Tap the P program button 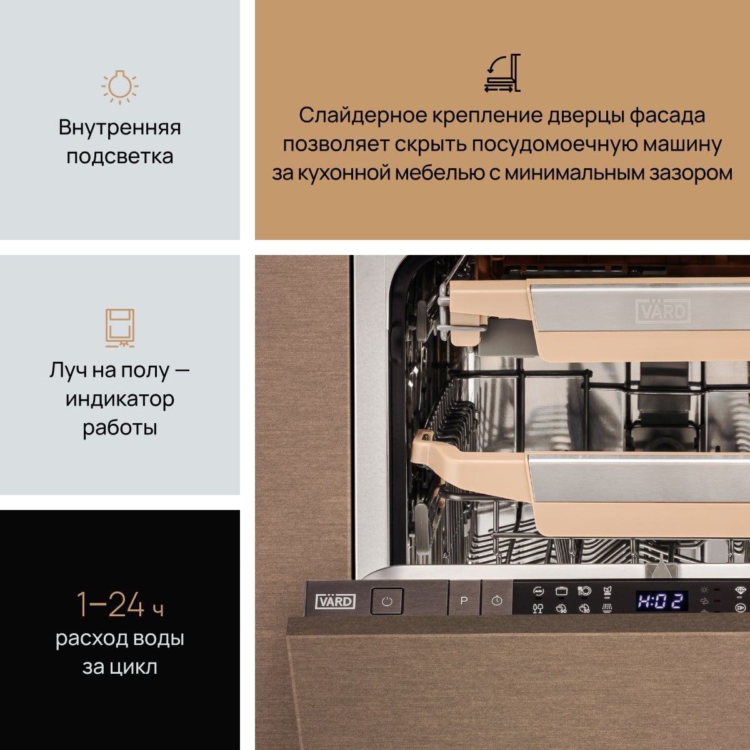click(x=464, y=601)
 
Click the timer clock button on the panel click(x=497, y=601)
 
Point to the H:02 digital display click(x=661, y=601)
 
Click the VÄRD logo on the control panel click(x=335, y=601)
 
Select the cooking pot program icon click(x=561, y=591)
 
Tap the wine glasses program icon click(x=538, y=608)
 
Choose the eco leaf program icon click(x=607, y=591)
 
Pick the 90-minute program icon click(x=561, y=608)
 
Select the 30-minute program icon click(x=584, y=608)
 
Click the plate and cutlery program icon click(x=584, y=591)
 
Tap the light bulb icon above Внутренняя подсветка click(x=120, y=87)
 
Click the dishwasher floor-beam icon click(x=120, y=327)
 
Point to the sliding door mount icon click(x=502, y=72)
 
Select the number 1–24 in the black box click(x=111, y=604)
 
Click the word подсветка click(x=120, y=156)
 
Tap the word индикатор click(x=120, y=399)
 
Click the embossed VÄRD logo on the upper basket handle click(x=663, y=311)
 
